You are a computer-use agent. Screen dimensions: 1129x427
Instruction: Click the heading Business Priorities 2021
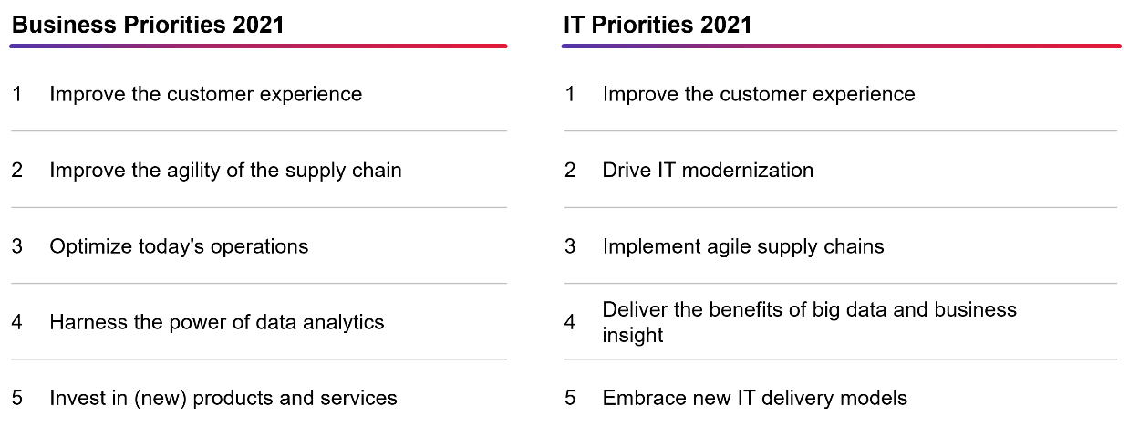tap(148, 25)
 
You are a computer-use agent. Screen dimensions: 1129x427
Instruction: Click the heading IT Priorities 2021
tap(658, 25)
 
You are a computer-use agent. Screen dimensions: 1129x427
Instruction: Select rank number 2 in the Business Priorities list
tap(17, 171)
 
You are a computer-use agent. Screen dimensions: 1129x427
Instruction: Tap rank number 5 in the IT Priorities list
tap(570, 399)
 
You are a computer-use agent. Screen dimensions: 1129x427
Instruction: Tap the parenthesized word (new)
tap(161, 399)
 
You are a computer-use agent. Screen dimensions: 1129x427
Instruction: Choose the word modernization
tap(748, 171)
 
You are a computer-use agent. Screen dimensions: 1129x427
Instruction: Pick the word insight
tap(633, 336)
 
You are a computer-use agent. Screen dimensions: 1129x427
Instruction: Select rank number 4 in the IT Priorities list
tap(570, 322)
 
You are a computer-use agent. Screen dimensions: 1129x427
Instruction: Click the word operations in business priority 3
tap(259, 247)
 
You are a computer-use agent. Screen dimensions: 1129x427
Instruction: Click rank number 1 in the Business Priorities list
tap(17, 94)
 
